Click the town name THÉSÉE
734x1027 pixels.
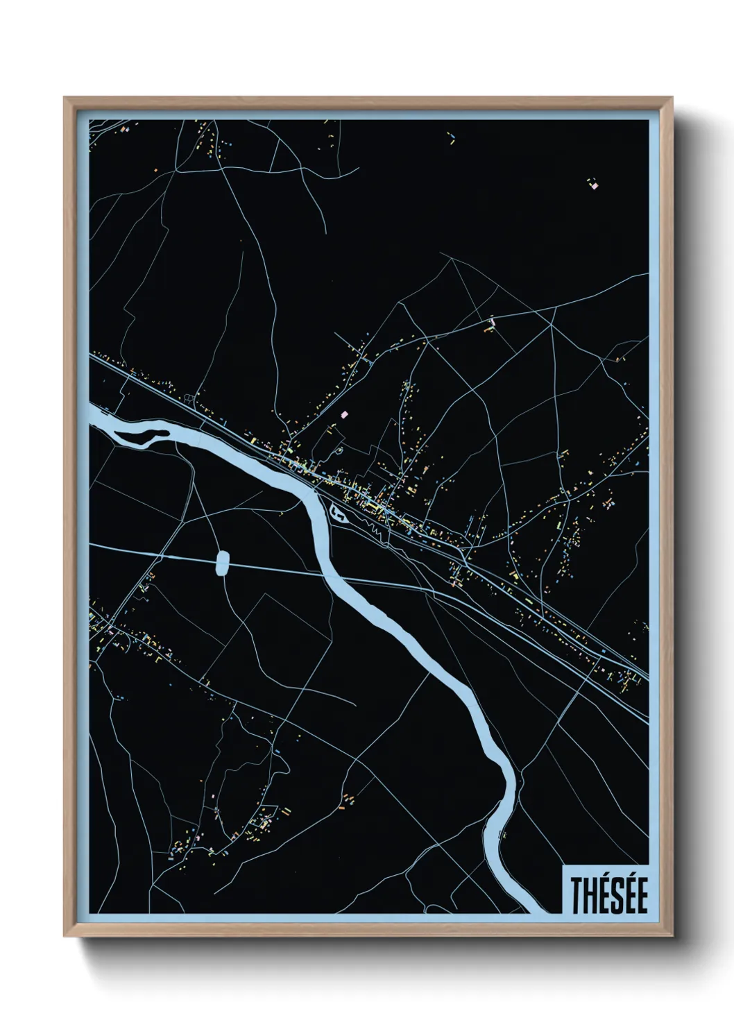(x=608, y=895)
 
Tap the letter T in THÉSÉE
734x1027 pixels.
(x=577, y=896)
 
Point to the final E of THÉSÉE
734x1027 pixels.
(x=642, y=896)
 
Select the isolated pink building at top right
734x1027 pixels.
(x=593, y=185)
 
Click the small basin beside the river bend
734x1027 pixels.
(x=339, y=513)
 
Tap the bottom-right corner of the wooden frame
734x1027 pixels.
(x=674, y=936)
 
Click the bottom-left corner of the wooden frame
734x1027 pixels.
(x=65, y=936)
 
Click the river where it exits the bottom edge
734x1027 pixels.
(x=538, y=908)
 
